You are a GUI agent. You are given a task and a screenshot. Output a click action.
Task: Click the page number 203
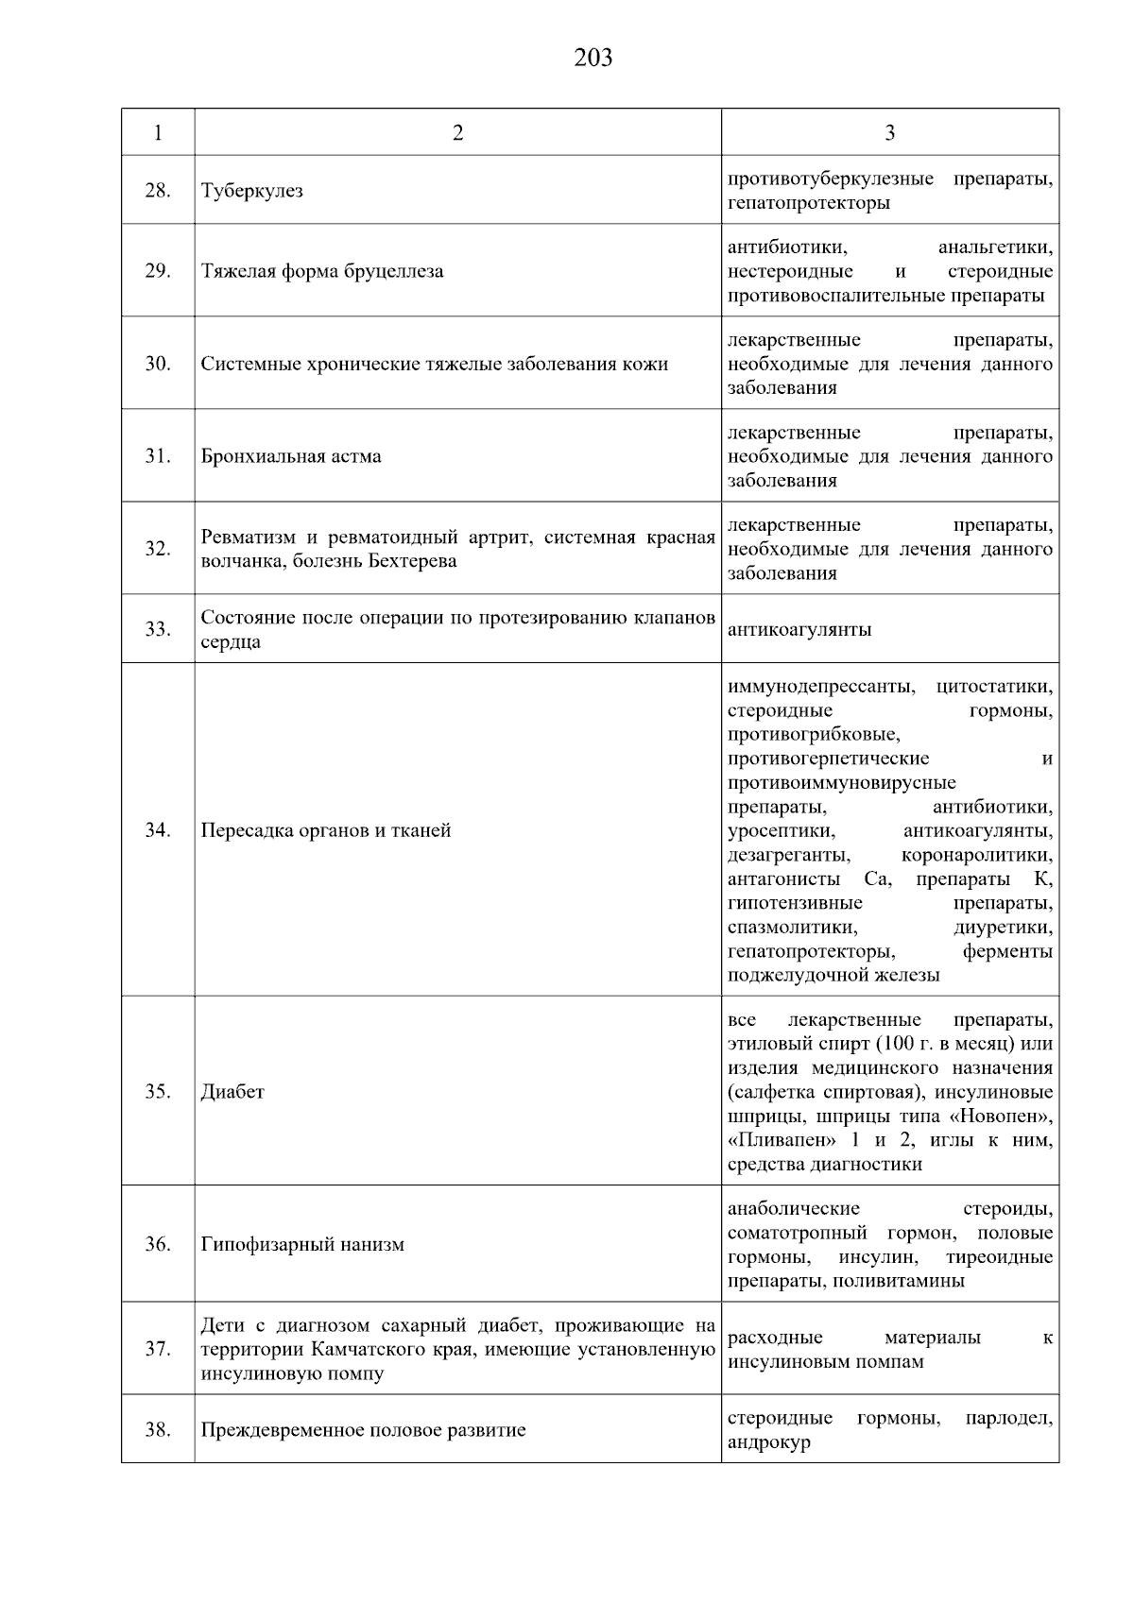coord(593,59)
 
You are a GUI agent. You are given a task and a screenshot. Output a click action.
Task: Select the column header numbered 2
coord(458,132)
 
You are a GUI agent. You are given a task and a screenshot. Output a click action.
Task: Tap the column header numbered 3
coord(889,132)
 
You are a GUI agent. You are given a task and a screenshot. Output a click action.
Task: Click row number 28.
coord(157,191)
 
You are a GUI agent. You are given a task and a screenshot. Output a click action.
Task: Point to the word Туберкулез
coord(252,191)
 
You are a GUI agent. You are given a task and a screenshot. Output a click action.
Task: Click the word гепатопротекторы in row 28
coord(808,203)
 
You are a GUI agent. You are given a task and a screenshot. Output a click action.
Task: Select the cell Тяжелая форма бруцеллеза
coord(322,272)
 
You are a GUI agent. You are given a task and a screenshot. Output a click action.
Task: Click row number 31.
coord(157,456)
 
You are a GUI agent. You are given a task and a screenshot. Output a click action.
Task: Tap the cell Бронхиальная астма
coord(291,456)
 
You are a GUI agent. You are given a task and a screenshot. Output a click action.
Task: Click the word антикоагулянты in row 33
coord(799,630)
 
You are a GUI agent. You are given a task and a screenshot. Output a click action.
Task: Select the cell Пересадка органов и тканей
coord(326,831)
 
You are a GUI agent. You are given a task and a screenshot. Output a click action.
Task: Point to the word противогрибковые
coord(814,734)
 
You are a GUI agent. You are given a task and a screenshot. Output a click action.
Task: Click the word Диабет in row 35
coord(232,1092)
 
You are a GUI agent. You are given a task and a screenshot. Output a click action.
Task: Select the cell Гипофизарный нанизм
coord(302,1245)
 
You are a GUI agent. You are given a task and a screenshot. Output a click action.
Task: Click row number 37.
coord(157,1349)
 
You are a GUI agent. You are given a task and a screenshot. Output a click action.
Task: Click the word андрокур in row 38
coord(768,1442)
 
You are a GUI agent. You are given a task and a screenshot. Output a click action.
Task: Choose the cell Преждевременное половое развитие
coord(363,1430)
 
